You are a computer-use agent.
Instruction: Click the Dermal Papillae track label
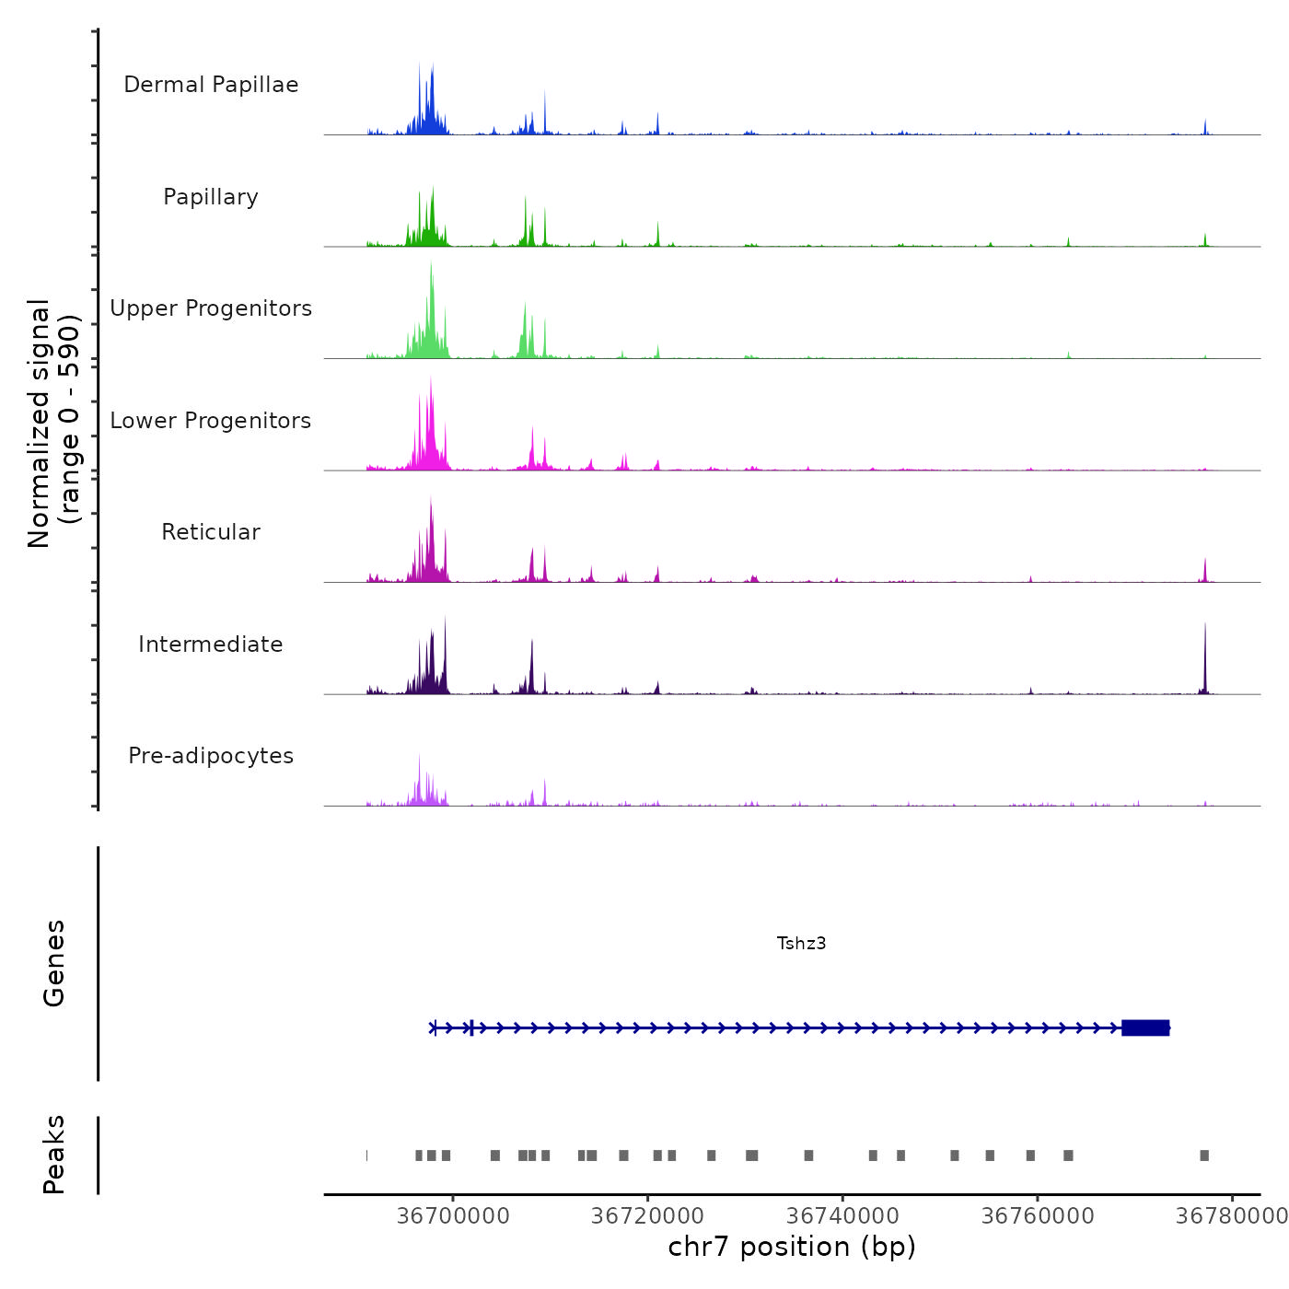(211, 85)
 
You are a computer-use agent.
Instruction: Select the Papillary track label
(211, 197)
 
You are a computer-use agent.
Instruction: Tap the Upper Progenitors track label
(211, 308)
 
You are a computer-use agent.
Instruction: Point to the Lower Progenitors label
(211, 421)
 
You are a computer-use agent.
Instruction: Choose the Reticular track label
(211, 532)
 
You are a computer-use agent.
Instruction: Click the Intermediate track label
(211, 644)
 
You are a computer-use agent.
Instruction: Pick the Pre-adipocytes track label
(211, 756)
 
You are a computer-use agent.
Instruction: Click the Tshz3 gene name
(801, 943)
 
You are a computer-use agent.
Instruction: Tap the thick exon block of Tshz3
(1145, 1028)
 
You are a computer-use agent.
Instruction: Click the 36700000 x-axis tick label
(453, 1215)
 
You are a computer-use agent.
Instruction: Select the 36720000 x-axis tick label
(647, 1215)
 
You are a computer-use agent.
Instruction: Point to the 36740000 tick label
(842, 1215)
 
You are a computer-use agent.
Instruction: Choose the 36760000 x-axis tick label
(1038, 1215)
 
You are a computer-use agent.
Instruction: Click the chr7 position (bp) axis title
(792, 1247)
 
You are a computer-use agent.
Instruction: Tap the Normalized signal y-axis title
(53, 423)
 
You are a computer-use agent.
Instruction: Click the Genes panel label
(54, 963)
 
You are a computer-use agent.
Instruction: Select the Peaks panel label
(54, 1155)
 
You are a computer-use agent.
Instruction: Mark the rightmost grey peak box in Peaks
(1204, 1155)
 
